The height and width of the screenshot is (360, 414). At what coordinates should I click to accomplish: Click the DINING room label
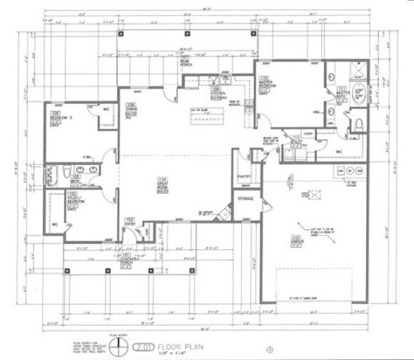[x=131, y=109]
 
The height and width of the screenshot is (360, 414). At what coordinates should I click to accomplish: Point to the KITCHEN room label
[x=217, y=93]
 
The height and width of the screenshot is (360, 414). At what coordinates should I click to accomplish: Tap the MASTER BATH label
[x=343, y=95]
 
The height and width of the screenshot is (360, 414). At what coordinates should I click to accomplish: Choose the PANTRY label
[x=244, y=176]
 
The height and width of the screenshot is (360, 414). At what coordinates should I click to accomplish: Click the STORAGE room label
[x=245, y=198]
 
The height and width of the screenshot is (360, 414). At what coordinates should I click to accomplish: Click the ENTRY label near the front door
[x=129, y=223]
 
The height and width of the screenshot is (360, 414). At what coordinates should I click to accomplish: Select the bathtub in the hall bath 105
[x=53, y=174]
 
